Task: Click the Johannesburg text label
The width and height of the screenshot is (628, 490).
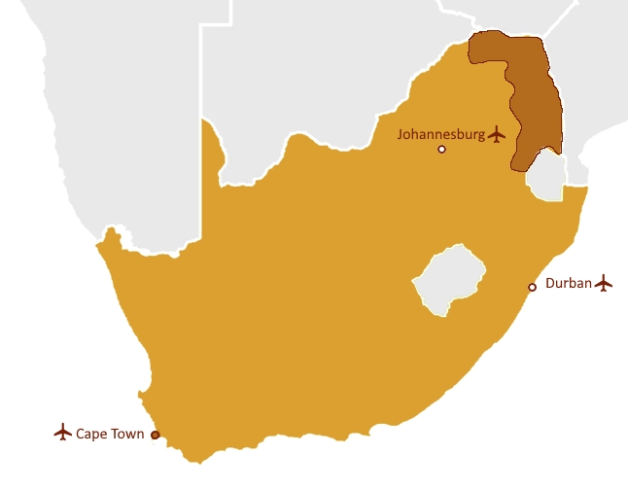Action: [441, 135]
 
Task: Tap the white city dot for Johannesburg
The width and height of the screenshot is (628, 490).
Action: [441, 149]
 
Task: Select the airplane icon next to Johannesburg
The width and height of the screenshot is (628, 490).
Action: [499, 134]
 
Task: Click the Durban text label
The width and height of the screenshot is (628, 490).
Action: [569, 284]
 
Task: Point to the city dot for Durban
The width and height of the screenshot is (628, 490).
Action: [532, 287]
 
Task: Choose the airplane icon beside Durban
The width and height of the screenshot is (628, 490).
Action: [605, 283]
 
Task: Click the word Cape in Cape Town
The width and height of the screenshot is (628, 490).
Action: [92, 434]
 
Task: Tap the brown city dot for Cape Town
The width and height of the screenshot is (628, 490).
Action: [156, 435]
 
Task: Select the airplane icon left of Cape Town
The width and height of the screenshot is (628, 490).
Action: [63, 432]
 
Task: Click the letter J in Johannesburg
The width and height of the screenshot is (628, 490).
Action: [401, 135]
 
